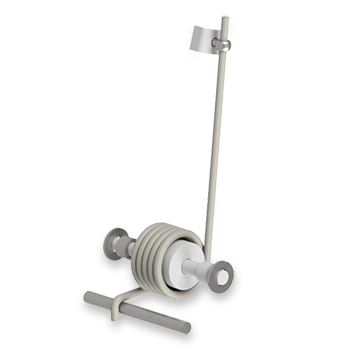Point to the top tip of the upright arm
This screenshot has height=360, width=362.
tap(225, 18)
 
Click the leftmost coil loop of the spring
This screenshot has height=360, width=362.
tap(146, 251)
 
